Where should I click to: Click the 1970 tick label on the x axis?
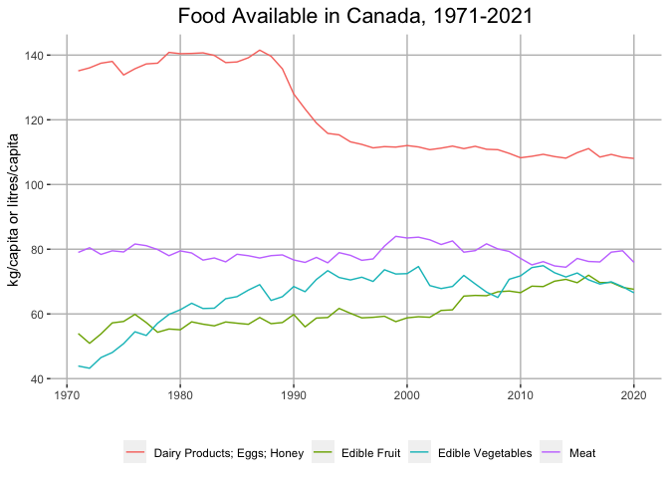[x=66, y=395]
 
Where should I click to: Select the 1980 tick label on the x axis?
[x=179, y=395]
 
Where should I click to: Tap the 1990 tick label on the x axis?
[x=293, y=395]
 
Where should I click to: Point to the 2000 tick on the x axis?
[x=407, y=395]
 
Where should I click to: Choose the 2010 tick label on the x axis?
[x=521, y=395]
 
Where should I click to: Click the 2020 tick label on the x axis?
[x=634, y=395]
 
